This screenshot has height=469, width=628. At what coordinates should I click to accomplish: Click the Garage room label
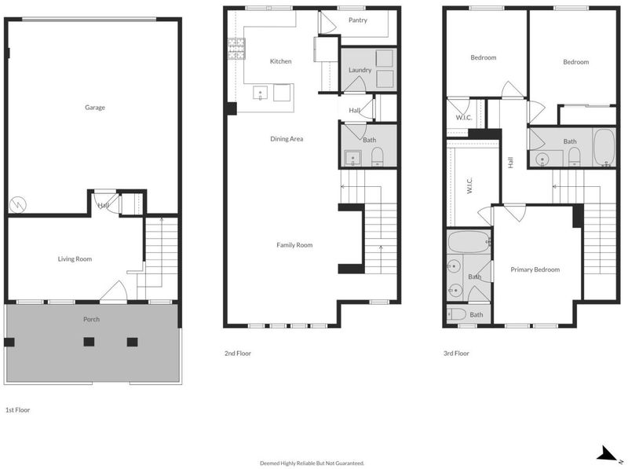coord(95,108)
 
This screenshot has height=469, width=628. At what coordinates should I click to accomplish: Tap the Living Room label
coord(75,259)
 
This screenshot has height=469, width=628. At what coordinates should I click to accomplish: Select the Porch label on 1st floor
coord(91,319)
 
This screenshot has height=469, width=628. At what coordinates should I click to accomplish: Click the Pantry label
coord(358,20)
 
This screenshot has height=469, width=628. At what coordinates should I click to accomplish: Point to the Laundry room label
coord(360,70)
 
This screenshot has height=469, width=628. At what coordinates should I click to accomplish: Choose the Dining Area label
coord(287,139)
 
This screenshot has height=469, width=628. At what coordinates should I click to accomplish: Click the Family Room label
coord(294,245)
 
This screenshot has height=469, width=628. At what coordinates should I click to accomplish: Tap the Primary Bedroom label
coord(535,269)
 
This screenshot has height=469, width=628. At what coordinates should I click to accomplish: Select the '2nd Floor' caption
coord(238,354)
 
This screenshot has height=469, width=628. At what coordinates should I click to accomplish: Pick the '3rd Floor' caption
coord(456,354)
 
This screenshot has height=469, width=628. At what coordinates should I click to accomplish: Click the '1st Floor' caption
coord(17,409)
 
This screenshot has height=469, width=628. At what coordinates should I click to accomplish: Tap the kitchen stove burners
coord(236,49)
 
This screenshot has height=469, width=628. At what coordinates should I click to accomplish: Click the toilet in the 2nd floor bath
coord(378,157)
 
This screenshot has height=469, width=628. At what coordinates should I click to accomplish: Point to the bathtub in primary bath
coord(469,242)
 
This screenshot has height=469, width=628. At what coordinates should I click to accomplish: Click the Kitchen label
coord(280,61)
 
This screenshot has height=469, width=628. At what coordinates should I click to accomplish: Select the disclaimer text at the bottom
coord(312,463)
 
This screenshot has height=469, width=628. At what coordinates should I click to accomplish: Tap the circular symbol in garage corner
coord(18,205)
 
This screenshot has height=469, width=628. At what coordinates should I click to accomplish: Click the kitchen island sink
coord(260,93)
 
